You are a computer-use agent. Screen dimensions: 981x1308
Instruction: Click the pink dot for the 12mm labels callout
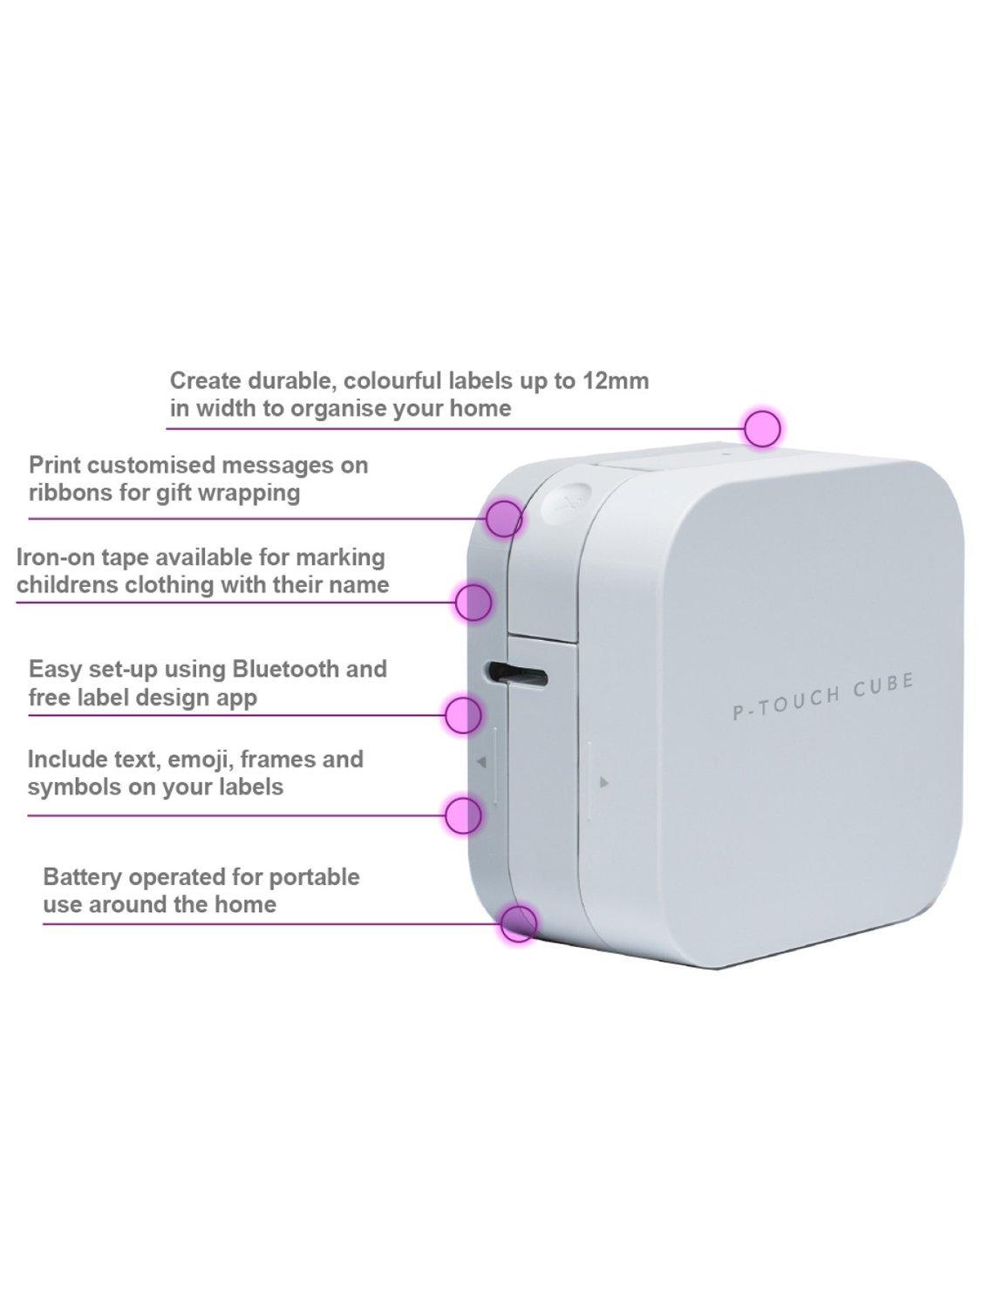click(x=762, y=428)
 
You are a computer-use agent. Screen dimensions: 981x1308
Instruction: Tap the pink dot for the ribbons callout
click(x=504, y=518)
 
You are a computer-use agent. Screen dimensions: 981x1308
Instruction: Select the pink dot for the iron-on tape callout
click(x=474, y=602)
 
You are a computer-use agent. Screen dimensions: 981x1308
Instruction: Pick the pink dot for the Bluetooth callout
click(x=463, y=714)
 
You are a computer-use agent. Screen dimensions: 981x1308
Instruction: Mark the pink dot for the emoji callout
click(x=463, y=814)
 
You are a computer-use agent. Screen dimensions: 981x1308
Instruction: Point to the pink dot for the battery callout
click(x=518, y=923)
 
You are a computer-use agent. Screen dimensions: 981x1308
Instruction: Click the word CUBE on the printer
click(x=882, y=685)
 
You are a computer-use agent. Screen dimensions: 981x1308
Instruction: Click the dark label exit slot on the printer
click(x=517, y=673)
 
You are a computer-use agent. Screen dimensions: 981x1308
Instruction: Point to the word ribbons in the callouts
click(x=67, y=494)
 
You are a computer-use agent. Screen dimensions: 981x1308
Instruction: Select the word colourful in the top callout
click(x=392, y=381)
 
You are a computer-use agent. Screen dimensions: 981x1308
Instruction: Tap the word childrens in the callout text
click(x=67, y=585)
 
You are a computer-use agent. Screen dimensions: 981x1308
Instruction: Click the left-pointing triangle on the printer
click(x=482, y=761)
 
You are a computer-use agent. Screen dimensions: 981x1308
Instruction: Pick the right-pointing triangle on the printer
click(x=604, y=783)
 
